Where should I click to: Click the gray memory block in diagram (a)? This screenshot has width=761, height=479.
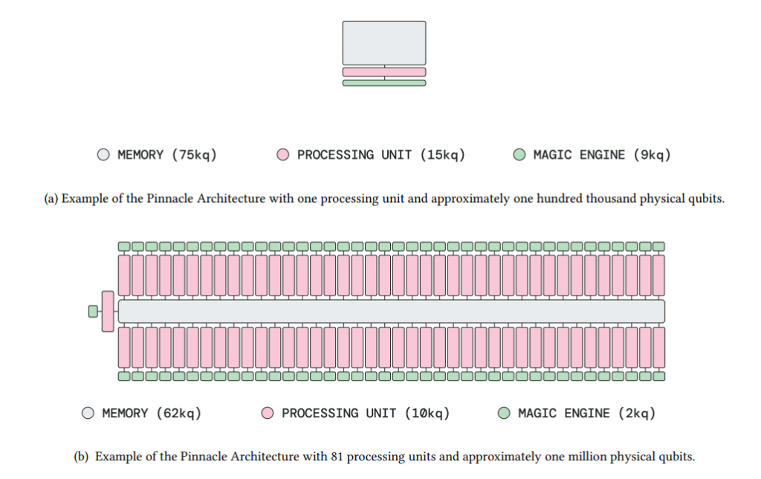pos(384,42)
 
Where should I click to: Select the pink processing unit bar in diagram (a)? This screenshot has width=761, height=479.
pos(384,72)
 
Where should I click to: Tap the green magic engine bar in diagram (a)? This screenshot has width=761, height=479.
pos(384,83)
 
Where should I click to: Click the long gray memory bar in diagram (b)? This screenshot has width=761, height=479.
pos(391,311)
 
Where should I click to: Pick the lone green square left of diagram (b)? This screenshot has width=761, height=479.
pos(93,311)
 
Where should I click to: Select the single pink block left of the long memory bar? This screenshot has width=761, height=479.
pos(108,311)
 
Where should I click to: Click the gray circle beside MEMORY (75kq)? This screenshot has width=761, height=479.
pos(103,154)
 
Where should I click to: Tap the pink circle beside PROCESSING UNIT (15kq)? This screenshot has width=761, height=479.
pos(283,154)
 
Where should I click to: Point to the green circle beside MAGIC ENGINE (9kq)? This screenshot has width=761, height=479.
pos(519,154)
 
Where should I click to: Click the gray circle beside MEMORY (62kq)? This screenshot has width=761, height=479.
pos(88,413)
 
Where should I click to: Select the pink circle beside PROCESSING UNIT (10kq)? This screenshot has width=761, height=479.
pos(268,413)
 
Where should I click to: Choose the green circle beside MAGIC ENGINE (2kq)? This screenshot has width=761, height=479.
pos(505,413)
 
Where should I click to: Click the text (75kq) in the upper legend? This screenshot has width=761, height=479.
pos(194,155)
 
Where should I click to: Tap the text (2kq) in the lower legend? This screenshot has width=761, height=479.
pos(637,414)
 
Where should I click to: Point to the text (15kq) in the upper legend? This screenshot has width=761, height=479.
pos(443,155)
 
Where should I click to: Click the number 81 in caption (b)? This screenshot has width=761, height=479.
pos(337,457)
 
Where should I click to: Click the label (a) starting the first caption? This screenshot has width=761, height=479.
pos(51,199)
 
